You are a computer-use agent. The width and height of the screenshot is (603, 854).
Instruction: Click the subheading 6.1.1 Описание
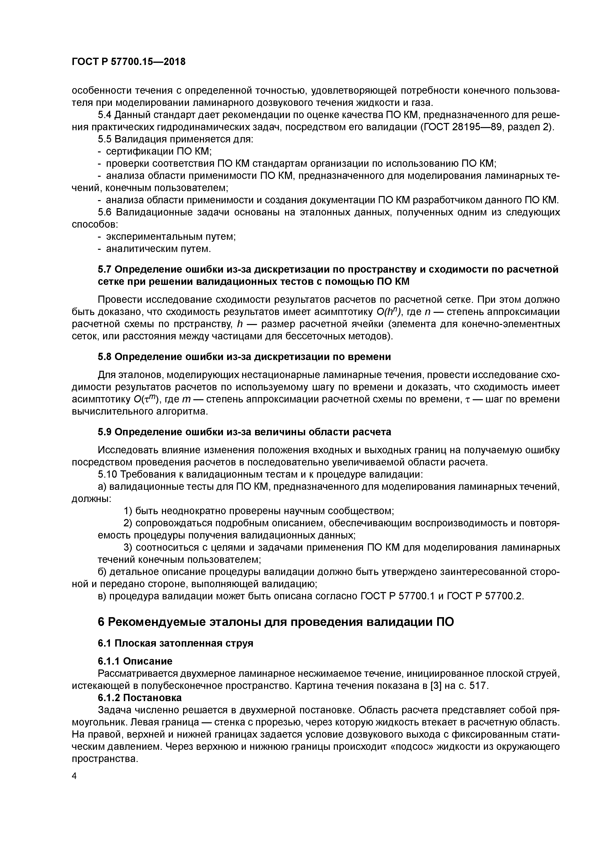135,661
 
